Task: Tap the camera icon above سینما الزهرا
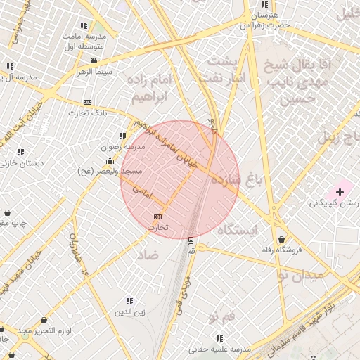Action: [x=94, y=61]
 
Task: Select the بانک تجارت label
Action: [x=87, y=112]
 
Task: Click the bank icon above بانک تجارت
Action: [x=87, y=102]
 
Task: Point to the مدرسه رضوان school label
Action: [x=124, y=147]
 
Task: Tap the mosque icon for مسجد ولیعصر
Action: [x=110, y=162]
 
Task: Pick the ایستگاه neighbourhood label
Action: [x=237, y=230]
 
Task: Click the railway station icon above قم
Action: [x=191, y=240]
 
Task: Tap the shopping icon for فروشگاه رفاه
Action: [x=282, y=239]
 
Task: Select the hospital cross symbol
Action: [x=340, y=191]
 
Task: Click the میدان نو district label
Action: [x=301, y=274]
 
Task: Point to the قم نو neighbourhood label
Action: [x=221, y=318]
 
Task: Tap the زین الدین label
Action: [x=130, y=312]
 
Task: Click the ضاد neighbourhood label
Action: [x=148, y=252]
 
